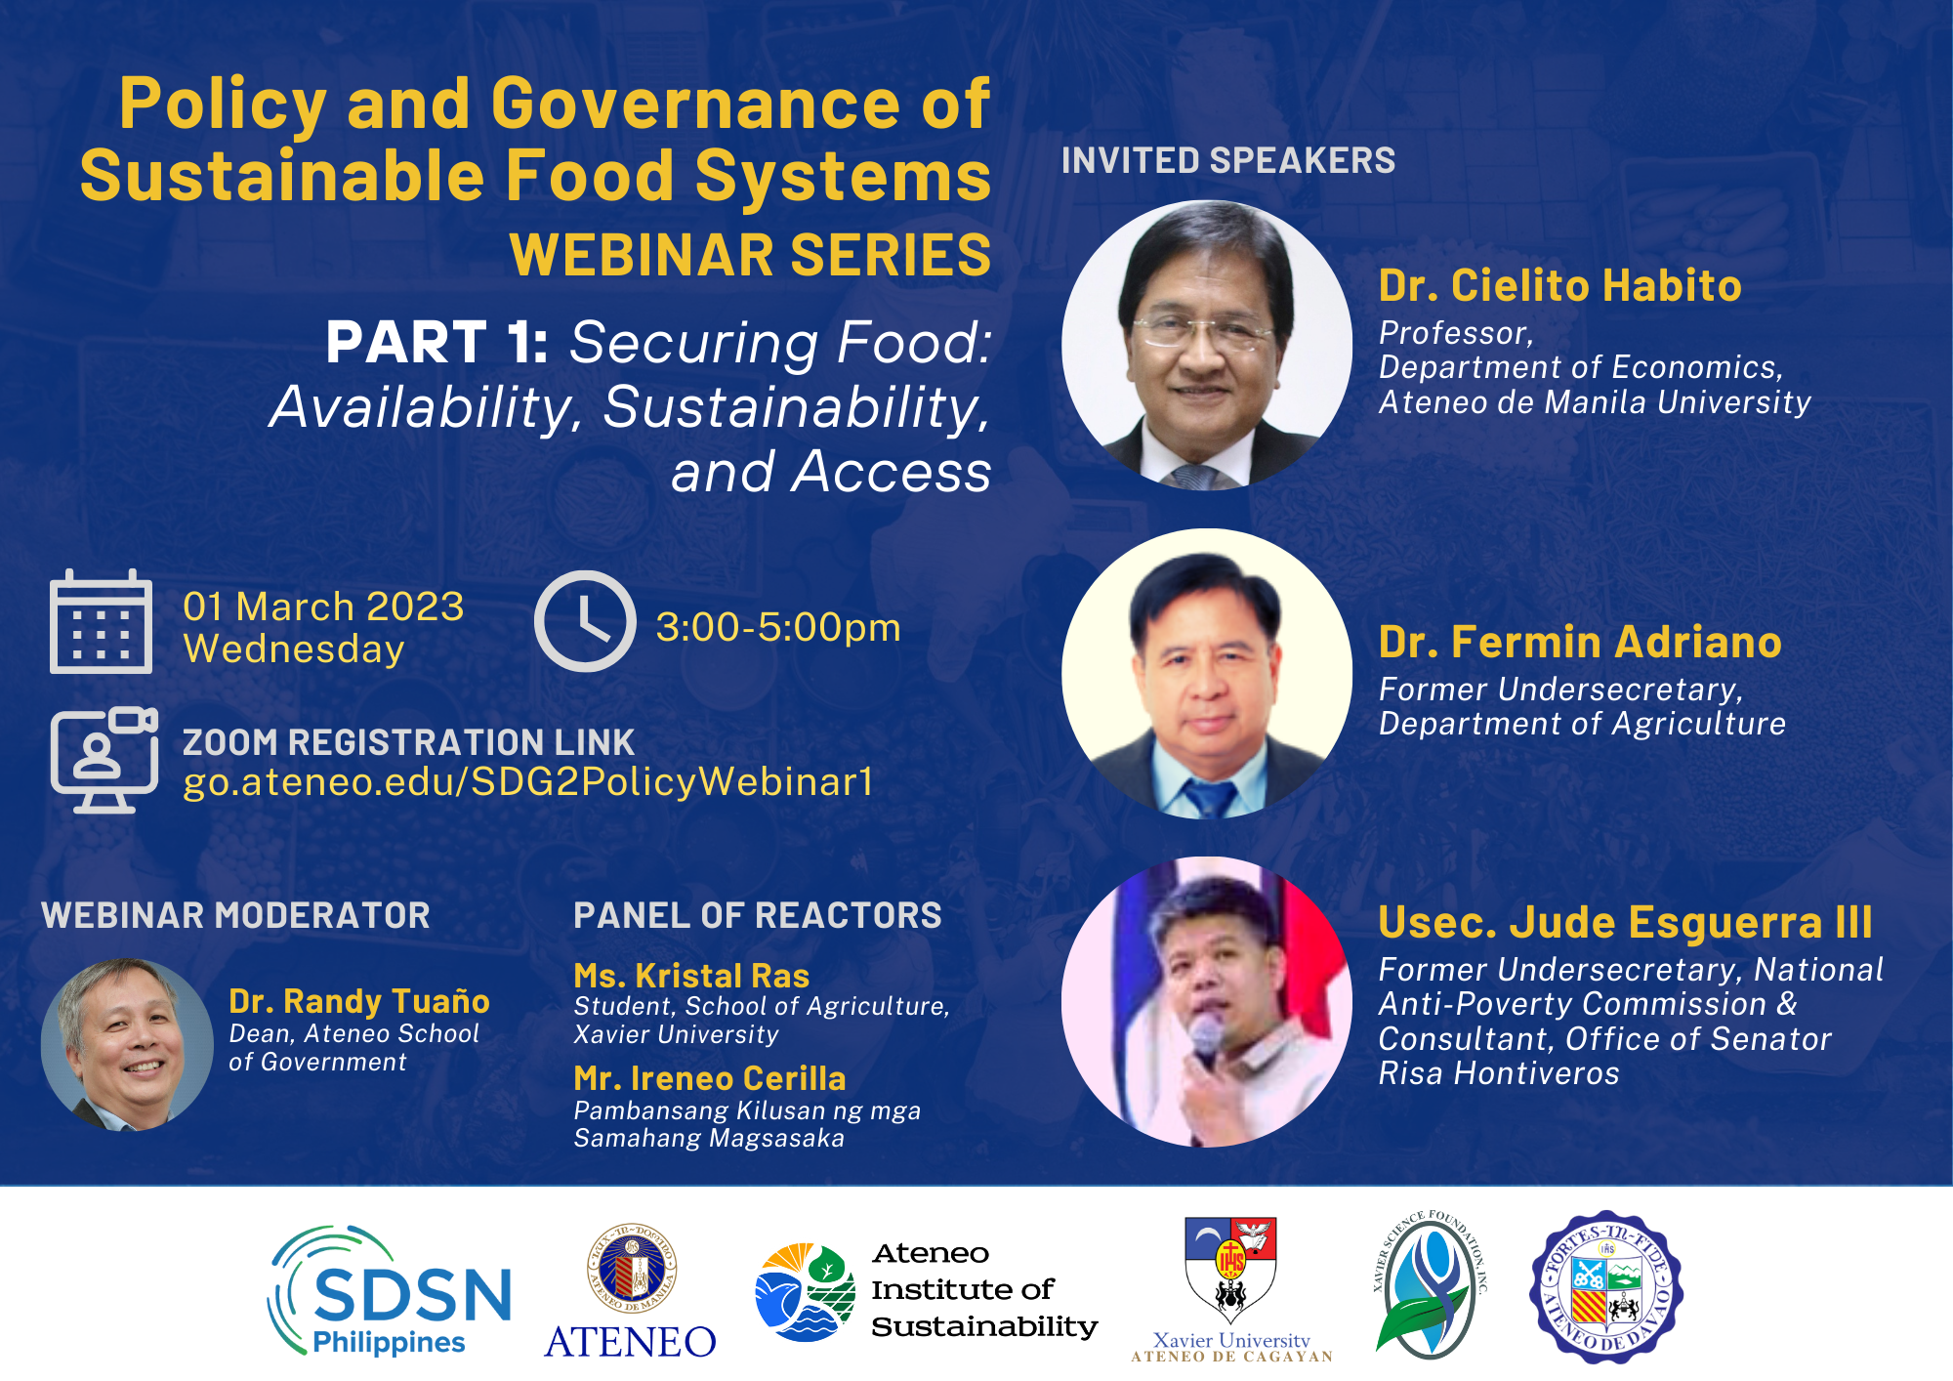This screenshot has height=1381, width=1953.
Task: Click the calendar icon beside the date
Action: pos(101,622)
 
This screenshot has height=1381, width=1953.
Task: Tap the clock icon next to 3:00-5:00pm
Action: pos(585,621)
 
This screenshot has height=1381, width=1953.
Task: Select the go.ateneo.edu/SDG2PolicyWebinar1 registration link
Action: pos(527,781)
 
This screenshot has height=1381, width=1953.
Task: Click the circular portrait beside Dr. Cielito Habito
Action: pos(1207,345)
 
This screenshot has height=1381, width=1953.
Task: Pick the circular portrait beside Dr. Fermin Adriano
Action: pos(1207,674)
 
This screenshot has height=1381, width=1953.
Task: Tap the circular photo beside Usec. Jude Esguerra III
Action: pos(1207,1002)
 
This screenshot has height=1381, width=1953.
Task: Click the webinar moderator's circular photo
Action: pos(127,1044)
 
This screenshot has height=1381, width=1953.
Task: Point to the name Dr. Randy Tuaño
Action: pos(358,1001)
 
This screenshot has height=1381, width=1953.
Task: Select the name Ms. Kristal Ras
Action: pos(691,976)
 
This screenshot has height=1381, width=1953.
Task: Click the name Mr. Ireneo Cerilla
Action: pos(710,1078)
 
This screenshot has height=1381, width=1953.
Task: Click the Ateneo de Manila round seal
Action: pos(632,1269)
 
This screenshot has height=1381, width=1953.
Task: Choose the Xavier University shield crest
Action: pos(1229,1269)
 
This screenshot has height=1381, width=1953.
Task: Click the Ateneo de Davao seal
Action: pos(1606,1287)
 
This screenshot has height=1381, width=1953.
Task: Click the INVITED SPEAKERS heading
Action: pos(1228,160)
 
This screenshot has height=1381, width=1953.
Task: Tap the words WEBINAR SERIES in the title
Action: pos(750,255)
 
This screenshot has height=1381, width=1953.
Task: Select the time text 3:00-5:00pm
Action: pos(778,627)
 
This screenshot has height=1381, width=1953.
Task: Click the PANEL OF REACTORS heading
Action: pos(758,915)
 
